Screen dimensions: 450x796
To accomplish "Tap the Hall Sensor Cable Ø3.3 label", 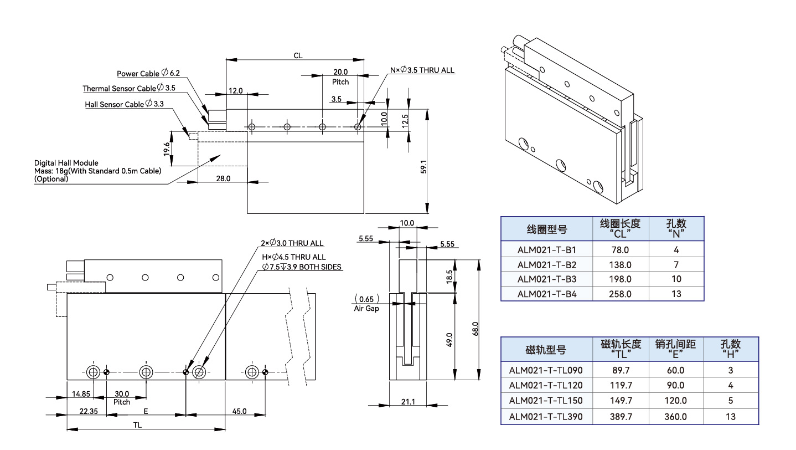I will click(124, 104).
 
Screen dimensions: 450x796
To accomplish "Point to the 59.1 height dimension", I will click(423, 166).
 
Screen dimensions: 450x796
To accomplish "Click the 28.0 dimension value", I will click(223, 179).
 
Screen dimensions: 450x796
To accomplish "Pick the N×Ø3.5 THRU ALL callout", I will click(422, 70).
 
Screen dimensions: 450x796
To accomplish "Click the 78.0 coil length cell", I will click(620, 249).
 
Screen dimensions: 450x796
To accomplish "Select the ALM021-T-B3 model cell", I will click(546, 279).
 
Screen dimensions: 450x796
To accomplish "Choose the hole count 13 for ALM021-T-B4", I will click(676, 294).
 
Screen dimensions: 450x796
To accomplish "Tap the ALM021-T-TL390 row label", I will click(545, 416).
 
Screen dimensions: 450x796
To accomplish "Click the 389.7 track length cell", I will click(620, 416).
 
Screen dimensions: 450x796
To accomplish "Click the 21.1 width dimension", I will click(407, 401).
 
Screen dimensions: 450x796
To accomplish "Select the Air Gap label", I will click(366, 309).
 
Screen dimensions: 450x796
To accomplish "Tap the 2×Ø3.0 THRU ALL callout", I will click(292, 243).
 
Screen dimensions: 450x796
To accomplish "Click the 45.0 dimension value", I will click(239, 411).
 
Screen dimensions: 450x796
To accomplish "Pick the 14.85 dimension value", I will click(81, 393).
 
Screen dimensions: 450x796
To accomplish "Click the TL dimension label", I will click(137, 425).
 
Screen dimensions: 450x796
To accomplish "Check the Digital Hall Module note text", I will click(97, 171).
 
